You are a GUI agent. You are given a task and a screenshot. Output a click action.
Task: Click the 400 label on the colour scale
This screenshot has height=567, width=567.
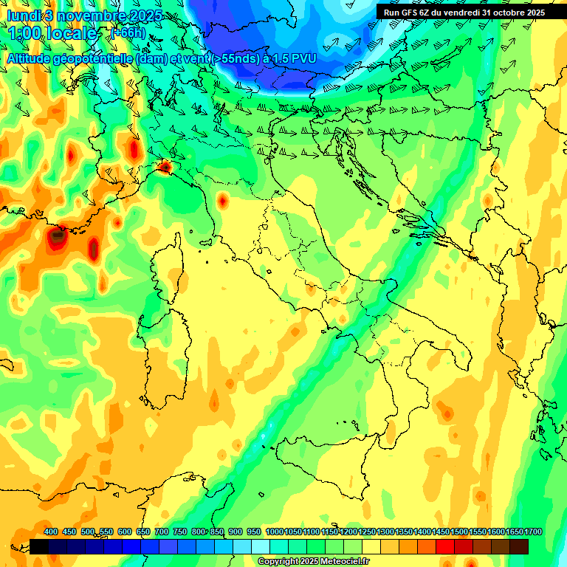pyautogui.click(x=51, y=532)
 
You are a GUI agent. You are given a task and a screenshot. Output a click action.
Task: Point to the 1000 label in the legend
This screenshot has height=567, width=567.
pyautogui.click(x=275, y=532)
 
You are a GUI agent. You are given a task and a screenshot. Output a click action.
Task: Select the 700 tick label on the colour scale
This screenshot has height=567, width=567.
pyautogui.click(x=161, y=532)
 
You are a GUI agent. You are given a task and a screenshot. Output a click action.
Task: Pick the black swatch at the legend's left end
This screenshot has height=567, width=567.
pyautogui.click(x=39, y=546)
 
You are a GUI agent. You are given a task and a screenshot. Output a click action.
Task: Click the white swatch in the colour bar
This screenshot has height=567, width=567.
pyautogui.click(x=261, y=546)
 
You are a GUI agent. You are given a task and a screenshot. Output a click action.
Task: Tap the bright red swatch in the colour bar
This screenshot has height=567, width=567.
pyautogui.click(x=445, y=546)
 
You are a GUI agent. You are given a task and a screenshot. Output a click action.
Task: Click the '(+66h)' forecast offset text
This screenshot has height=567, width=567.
pyautogui.click(x=127, y=32)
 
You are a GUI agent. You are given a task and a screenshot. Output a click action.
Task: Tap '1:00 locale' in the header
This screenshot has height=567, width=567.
pyautogui.click(x=51, y=33)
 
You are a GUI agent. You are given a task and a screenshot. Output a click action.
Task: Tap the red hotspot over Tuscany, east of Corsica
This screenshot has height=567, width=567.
pyautogui.click(x=222, y=199)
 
